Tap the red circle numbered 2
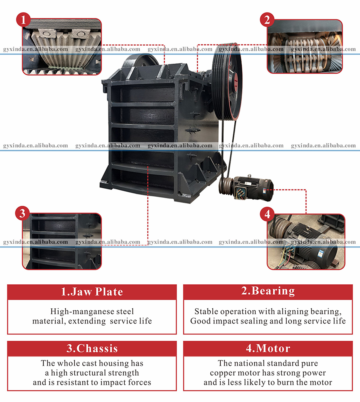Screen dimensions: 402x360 tap(266, 19)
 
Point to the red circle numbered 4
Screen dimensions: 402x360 tap(267, 214)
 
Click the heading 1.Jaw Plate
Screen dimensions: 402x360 tap(92, 292)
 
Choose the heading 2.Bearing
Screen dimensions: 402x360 tap(268, 291)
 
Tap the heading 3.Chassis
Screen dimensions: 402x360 tap(92, 348)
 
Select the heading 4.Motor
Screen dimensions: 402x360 tap(268, 348)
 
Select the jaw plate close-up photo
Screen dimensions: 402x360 tap(62, 46)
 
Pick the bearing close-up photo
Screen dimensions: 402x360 tap(305, 46)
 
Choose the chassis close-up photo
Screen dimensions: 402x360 tap(62, 241)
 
